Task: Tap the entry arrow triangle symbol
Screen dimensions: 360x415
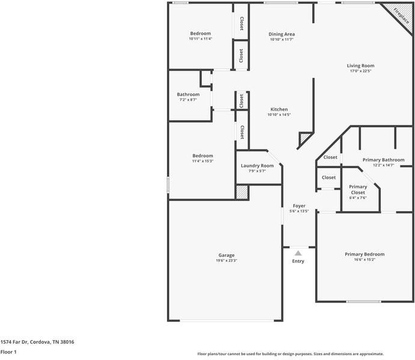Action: coord(298,253)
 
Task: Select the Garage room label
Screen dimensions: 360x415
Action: coord(226,255)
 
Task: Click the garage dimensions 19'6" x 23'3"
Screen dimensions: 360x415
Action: coord(226,260)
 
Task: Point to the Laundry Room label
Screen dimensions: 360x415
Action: coord(257,166)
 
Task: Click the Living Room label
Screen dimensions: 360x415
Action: coord(360,65)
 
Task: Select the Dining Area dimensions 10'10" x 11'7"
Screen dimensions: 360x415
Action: coord(281,40)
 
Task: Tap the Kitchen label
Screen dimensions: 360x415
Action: coord(279,109)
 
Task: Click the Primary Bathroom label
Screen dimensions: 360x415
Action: coord(383,160)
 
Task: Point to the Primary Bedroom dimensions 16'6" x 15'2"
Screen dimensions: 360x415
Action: coord(365,260)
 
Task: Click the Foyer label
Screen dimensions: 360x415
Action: coord(298,206)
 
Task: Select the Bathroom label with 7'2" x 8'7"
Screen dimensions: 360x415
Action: coord(188,94)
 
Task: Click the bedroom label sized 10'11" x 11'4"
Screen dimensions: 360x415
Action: coord(201,33)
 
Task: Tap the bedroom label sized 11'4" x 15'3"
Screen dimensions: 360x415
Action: coord(202,156)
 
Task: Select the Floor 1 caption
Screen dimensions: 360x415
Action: coord(8,352)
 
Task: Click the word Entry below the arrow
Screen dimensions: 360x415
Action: coord(298,261)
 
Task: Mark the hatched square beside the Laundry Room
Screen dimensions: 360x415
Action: coord(241,191)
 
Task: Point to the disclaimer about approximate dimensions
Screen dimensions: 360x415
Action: coord(291,354)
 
